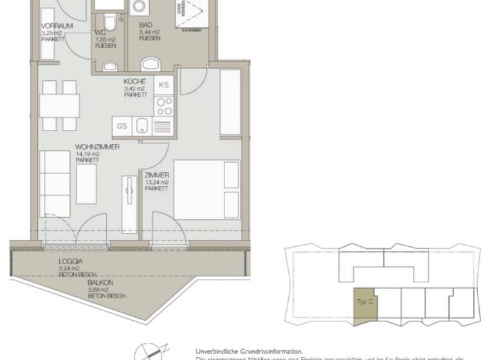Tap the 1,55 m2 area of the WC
(106, 39)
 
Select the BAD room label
(145, 26)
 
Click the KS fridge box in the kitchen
(163, 85)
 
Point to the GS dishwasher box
(122, 126)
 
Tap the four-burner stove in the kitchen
(163, 105)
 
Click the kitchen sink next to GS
(142, 126)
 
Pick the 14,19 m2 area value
(87, 154)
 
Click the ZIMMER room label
(157, 175)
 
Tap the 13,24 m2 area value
(157, 182)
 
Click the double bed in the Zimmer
(206, 192)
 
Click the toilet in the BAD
(151, 64)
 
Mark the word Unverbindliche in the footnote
(218, 352)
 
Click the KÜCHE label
(135, 82)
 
